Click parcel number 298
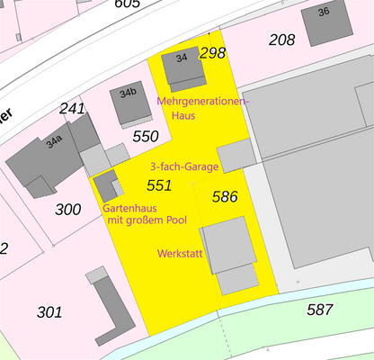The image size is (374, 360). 212,53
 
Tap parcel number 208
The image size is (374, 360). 281,40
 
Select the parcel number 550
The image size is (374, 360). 145,137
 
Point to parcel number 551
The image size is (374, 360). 158,185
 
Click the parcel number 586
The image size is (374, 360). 225,195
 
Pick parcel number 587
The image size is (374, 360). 319,310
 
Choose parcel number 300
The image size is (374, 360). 67,210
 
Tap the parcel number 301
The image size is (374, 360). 49,312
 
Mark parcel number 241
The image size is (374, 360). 72,109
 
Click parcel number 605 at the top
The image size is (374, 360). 128,4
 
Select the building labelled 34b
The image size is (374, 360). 129,93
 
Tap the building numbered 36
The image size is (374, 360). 324,12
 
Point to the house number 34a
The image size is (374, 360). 55,140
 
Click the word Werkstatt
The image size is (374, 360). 179,253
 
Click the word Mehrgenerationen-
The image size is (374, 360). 201,102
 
